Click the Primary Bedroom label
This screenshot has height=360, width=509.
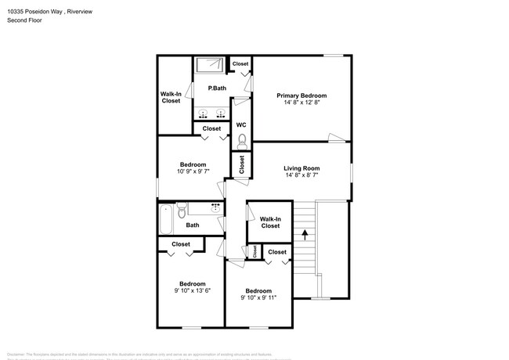point(301,95)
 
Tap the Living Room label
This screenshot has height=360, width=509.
point(301,167)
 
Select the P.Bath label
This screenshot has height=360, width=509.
point(217,88)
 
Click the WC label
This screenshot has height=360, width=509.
point(241,124)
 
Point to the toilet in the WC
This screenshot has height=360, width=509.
point(241,140)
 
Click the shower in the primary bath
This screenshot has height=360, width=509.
point(209,66)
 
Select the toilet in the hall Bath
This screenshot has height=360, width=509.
point(180,210)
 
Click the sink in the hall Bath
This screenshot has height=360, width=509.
point(215,207)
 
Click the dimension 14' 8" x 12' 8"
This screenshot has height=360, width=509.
point(301,103)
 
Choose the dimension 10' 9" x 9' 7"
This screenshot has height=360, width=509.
point(192,171)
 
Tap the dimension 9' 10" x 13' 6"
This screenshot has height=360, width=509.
point(192,290)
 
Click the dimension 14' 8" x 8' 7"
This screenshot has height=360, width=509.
point(301,175)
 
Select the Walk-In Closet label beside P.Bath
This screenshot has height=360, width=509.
point(171,97)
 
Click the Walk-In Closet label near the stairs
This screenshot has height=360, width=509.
point(270,222)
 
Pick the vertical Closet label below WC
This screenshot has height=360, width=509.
point(242,164)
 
